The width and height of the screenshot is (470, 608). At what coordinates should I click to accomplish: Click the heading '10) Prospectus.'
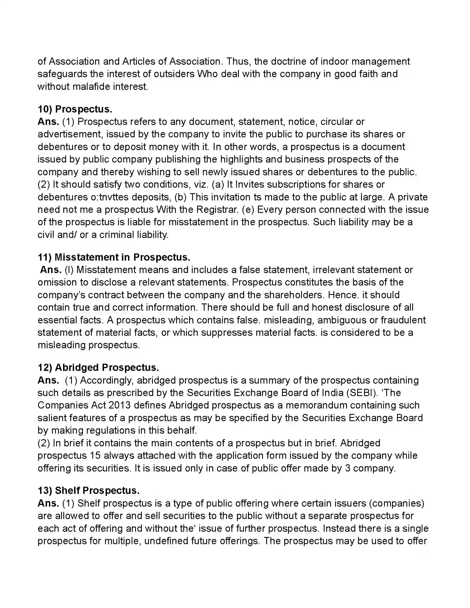[75, 109]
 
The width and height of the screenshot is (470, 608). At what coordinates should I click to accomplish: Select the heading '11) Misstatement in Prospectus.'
[114, 257]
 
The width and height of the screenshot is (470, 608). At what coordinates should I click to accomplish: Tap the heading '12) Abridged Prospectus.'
[98, 368]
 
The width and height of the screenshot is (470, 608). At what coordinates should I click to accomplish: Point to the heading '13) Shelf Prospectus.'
[88, 491]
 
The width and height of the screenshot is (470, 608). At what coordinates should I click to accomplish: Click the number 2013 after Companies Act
[120, 405]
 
